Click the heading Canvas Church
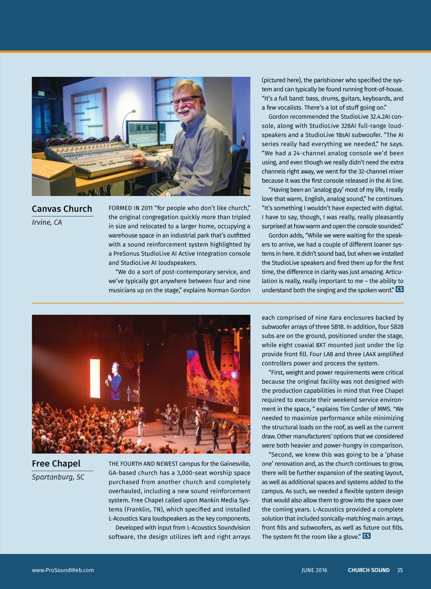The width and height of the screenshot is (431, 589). [x=62, y=209]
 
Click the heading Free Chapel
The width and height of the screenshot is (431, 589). [x=56, y=464]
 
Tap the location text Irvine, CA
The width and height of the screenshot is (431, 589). [x=47, y=222]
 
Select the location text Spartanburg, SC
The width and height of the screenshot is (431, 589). [x=58, y=477]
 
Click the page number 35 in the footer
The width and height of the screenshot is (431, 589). [x=400, y=570]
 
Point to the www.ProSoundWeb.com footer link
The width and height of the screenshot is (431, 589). [x=63, y=570]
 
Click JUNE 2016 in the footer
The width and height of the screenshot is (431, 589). [x=314, y=570]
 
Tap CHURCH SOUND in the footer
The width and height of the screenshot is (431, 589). [x=369, y=570]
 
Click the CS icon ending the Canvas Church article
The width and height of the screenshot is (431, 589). [x=399, y=289]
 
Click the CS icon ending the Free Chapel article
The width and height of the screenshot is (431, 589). [x=367, y=536]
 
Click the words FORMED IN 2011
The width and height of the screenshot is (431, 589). [x=130, y=208]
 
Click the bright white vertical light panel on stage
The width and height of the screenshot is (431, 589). [x=95, y=378]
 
